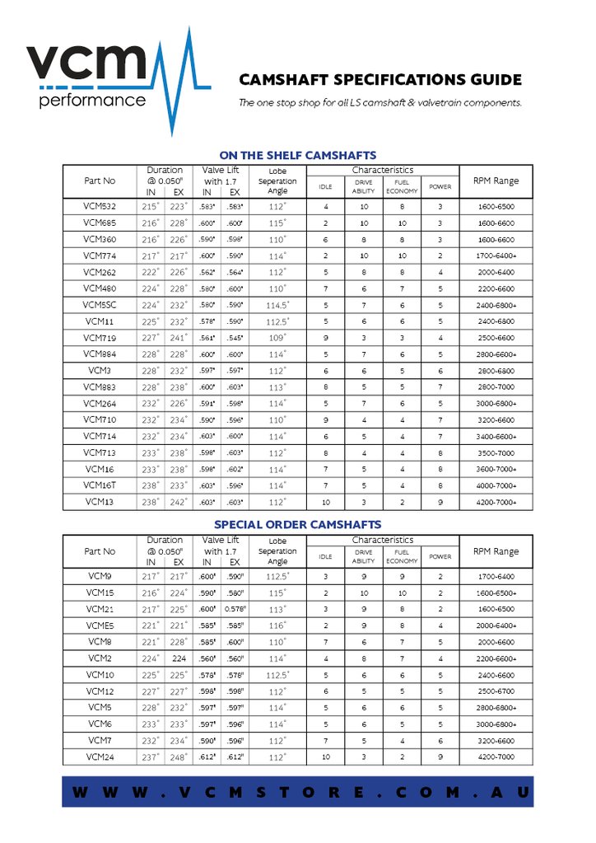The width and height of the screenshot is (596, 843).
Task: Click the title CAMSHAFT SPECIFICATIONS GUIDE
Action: click(x=379, y=80)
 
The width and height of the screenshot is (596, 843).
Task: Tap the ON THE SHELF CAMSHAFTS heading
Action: click(x=297, y=155)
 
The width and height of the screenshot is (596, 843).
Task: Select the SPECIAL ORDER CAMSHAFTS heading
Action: click(x=297, y=524)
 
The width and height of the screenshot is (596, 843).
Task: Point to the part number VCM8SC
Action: click(x=100, y=305)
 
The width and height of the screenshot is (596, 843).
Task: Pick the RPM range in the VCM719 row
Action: click(x=496, y=338)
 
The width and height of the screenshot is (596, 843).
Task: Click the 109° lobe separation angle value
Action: click(x=277, y=338)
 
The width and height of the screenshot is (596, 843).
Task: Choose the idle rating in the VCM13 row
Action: click(x=326, y=502)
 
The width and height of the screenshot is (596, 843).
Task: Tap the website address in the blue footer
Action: click(x=297, y=792)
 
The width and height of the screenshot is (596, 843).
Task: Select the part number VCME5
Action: click(x=100, y=625)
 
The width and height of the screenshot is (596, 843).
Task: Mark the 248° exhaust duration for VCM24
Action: click(x=175, y=757)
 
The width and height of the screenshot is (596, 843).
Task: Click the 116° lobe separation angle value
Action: click(x=277, y=625)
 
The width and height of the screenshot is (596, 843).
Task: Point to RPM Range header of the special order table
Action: click(x=496, y=551)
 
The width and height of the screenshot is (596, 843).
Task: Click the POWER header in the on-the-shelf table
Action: click(x=440, y=187)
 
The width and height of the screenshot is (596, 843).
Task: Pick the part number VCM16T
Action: click(x=100, y=485)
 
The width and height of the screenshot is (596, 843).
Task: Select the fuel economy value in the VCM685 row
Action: click(x=402, y=222)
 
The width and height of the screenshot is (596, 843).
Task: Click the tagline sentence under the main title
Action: click(x=379, y=104)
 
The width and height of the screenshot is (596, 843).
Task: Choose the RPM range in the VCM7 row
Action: click(x=496, y=741)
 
